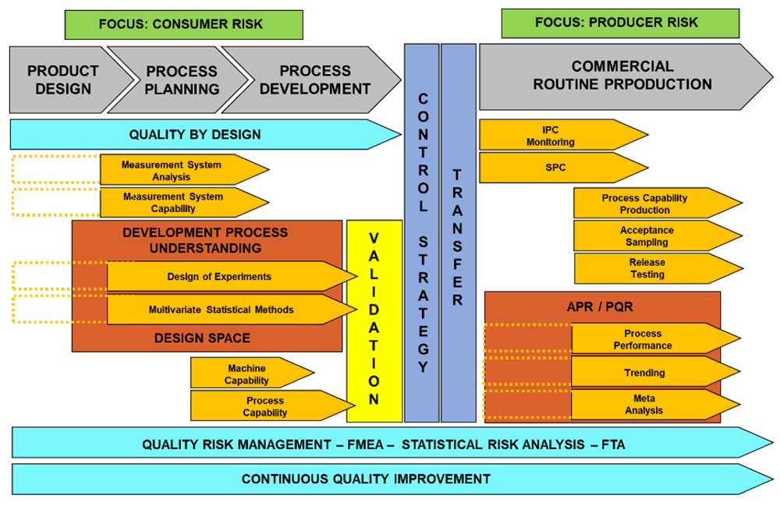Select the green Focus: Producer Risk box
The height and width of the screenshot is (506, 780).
coord(621,23)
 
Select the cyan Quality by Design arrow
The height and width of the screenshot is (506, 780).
coord(195,134)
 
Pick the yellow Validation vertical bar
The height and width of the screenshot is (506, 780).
coord(374,320)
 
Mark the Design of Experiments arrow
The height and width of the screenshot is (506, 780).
coord(222,277)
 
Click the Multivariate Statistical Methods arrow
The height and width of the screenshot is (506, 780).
coord(222,310)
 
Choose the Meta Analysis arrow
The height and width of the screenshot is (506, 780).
coord(647,405)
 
